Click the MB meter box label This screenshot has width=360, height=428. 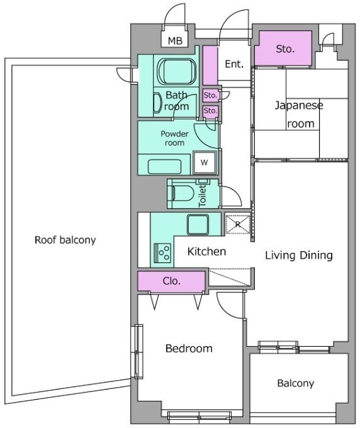[175, 41]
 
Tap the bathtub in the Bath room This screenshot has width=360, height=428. [177, 71]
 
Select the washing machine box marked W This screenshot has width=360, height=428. [205, 162]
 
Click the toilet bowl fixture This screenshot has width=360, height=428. [183, 193]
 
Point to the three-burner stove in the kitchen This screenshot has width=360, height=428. [162, 252]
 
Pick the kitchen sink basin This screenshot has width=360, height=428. [198, 225]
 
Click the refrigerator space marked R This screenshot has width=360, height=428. [238, 224]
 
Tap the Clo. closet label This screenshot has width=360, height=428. [171, 281]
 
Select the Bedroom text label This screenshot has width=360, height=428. [189, 348]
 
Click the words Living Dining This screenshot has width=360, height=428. [299, 255]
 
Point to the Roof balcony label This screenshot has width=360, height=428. [65, 240]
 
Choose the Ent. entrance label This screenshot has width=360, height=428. [234, 64]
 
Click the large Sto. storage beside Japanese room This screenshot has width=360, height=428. [285, 48]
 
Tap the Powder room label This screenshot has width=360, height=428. [174, 138]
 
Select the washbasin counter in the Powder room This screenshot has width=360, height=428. [164, 166]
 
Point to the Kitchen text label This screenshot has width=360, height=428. [206, 251]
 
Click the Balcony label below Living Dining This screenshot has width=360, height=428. [296, 383]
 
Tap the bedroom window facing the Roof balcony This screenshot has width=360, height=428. [138, 352]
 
